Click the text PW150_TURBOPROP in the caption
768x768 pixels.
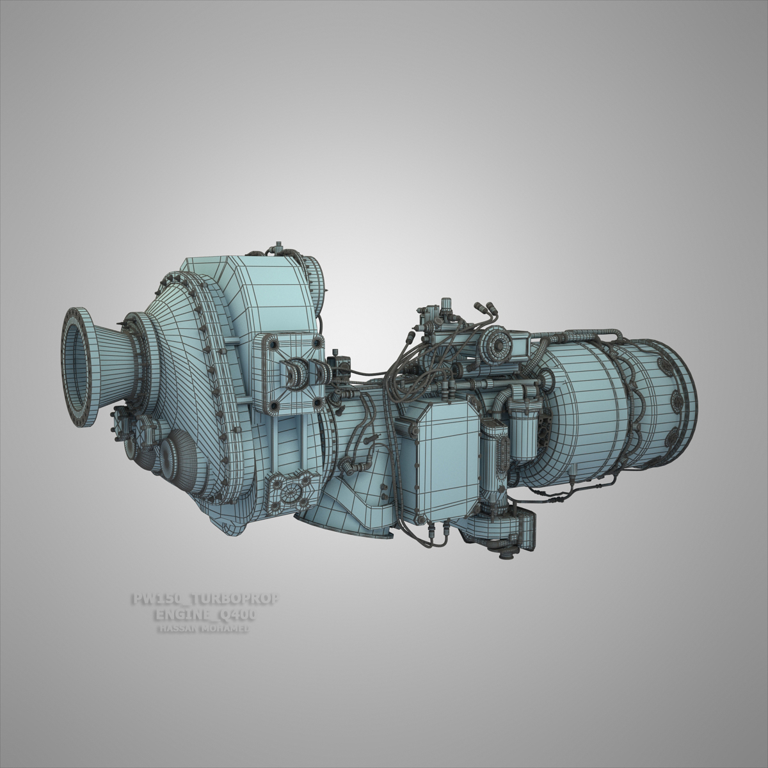coord(204,600)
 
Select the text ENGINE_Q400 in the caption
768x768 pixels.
coord(205,616)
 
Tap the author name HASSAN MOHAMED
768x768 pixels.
coord(204,630)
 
